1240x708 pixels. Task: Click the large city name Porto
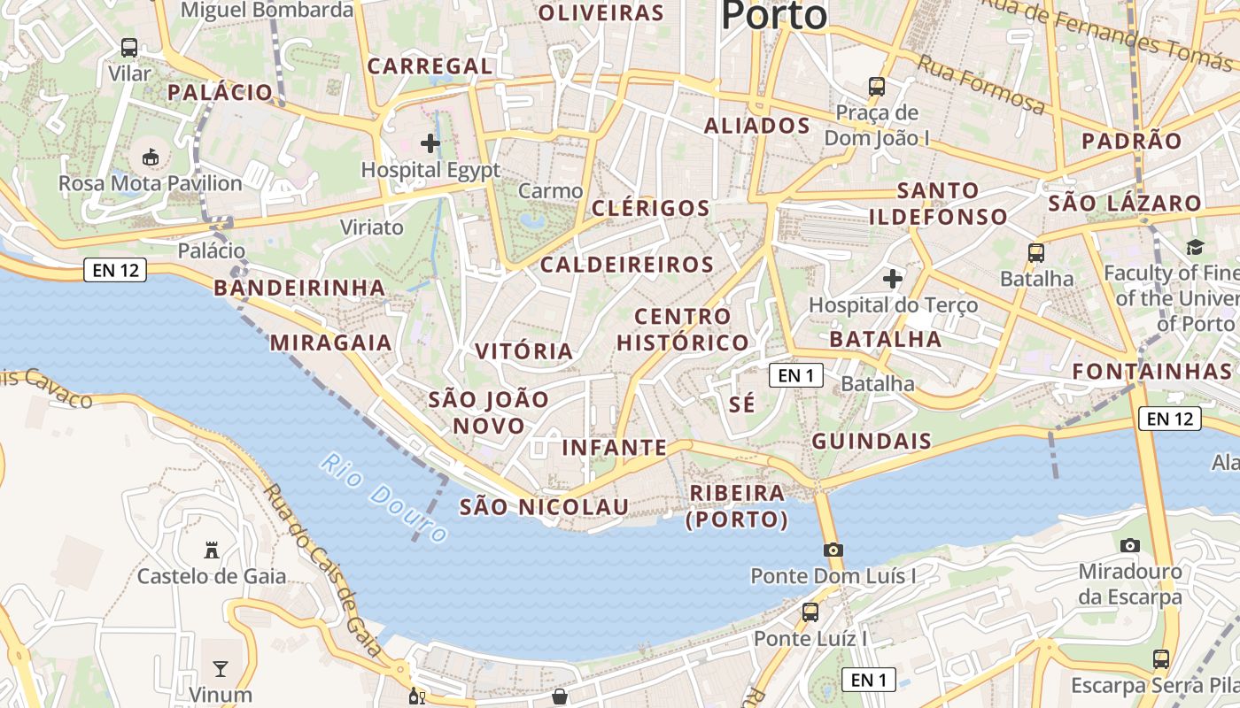pyautogui.click(x=773, y=15)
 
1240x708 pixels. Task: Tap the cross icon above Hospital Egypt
pyautogui.click(x=430, y=142)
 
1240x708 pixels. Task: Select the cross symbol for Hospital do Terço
pyautogui.click(x=893, y=279)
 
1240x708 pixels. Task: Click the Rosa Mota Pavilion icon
pyautogui.click(x=150, y=158)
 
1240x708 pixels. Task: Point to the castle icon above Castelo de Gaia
pyautogui.click(x=211, y=550)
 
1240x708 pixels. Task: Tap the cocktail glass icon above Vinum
pyautogui.click(x=220, y=668)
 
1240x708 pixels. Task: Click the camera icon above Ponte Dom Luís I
pyautogui.click(x=833, y=550)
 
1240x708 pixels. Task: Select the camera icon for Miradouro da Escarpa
pyautogui.click(x=1129, y=545)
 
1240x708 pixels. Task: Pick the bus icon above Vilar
pyautogui.click(x=129, y=47)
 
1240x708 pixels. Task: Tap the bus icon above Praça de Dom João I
pyautogui.click(x=877, y=87)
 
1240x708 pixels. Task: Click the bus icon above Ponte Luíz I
pyautogui.click(x=810, y=612)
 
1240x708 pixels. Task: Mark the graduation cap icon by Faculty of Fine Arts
pyautogui.click(x=1195, y=247)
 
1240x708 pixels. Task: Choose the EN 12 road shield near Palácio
pyautogui.click(x=115, y=270)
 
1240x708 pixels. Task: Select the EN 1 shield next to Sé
pyautogui.click(x=796, y=375)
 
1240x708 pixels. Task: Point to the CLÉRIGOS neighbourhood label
pyautogui.click(x=651, y=209)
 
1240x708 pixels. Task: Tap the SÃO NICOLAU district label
pyautogui.click(x=544, y=507)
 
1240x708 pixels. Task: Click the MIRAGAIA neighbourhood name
pyautogui.click(x=330, y=343)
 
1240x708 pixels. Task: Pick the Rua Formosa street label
pyautogui.click(x=980, y=84)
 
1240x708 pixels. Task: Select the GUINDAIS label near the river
pyautogui.click(x=872, y=442)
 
